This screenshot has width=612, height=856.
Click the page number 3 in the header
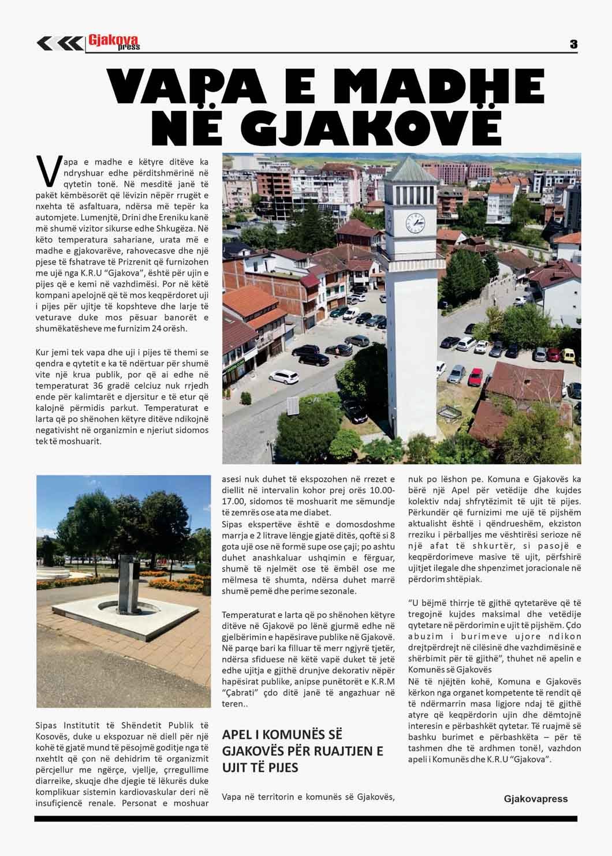point(573,44)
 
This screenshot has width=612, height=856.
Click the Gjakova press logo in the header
point(114,42)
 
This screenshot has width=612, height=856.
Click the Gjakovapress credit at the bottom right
point(535,799)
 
